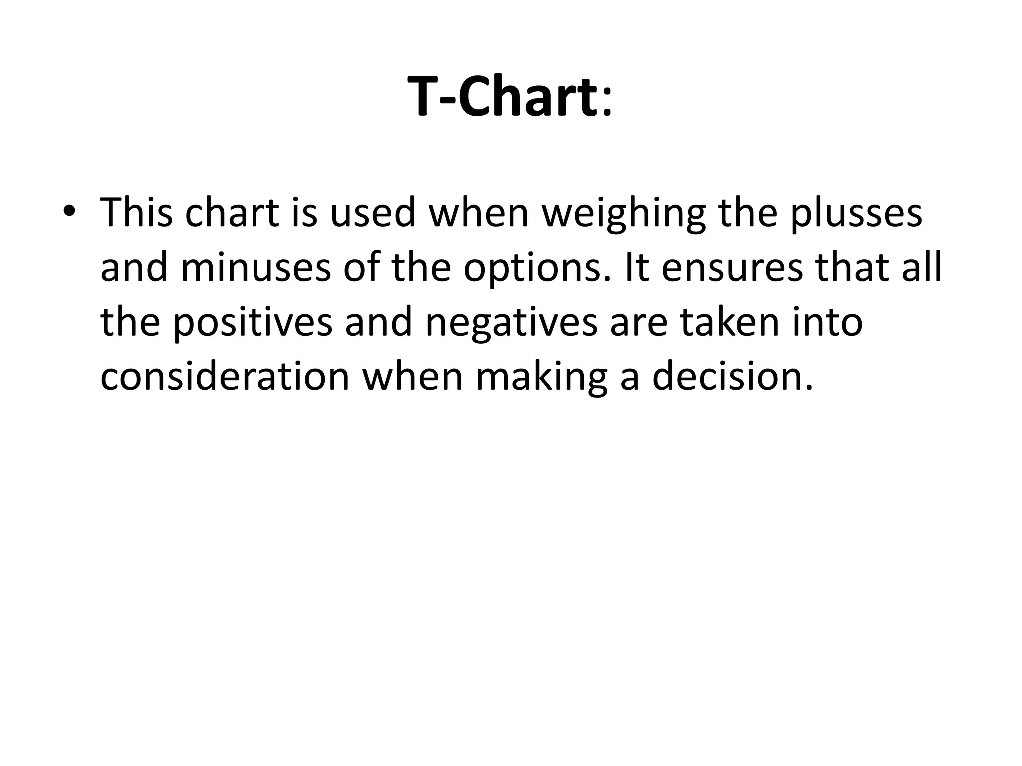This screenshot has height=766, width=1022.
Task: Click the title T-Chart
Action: point(502,96)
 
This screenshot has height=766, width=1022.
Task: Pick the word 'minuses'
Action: point(256,267)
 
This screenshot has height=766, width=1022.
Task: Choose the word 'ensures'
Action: point(733,267)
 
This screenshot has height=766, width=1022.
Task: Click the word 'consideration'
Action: point(225,376)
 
